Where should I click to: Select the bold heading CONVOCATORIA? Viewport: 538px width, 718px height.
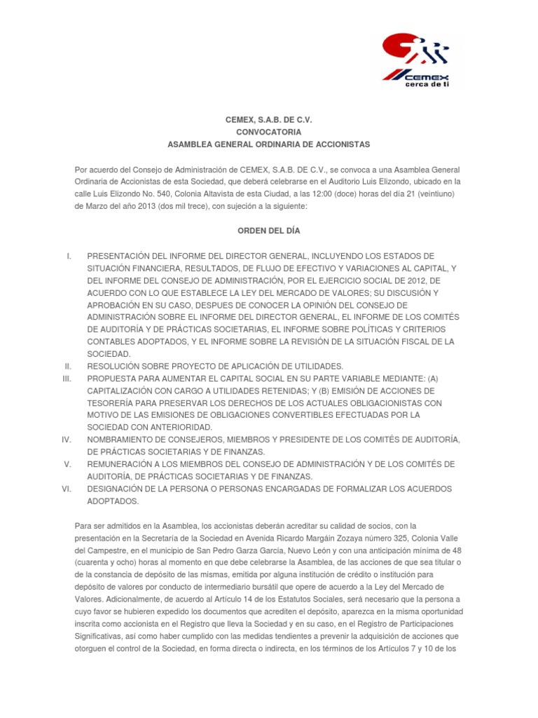(x=268, y=132)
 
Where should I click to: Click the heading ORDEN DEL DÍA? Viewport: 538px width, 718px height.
(x=268, y=230)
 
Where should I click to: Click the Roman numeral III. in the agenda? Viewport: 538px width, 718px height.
(x=68, y=379)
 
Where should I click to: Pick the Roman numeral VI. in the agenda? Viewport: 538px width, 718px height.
(x=68, y=489)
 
